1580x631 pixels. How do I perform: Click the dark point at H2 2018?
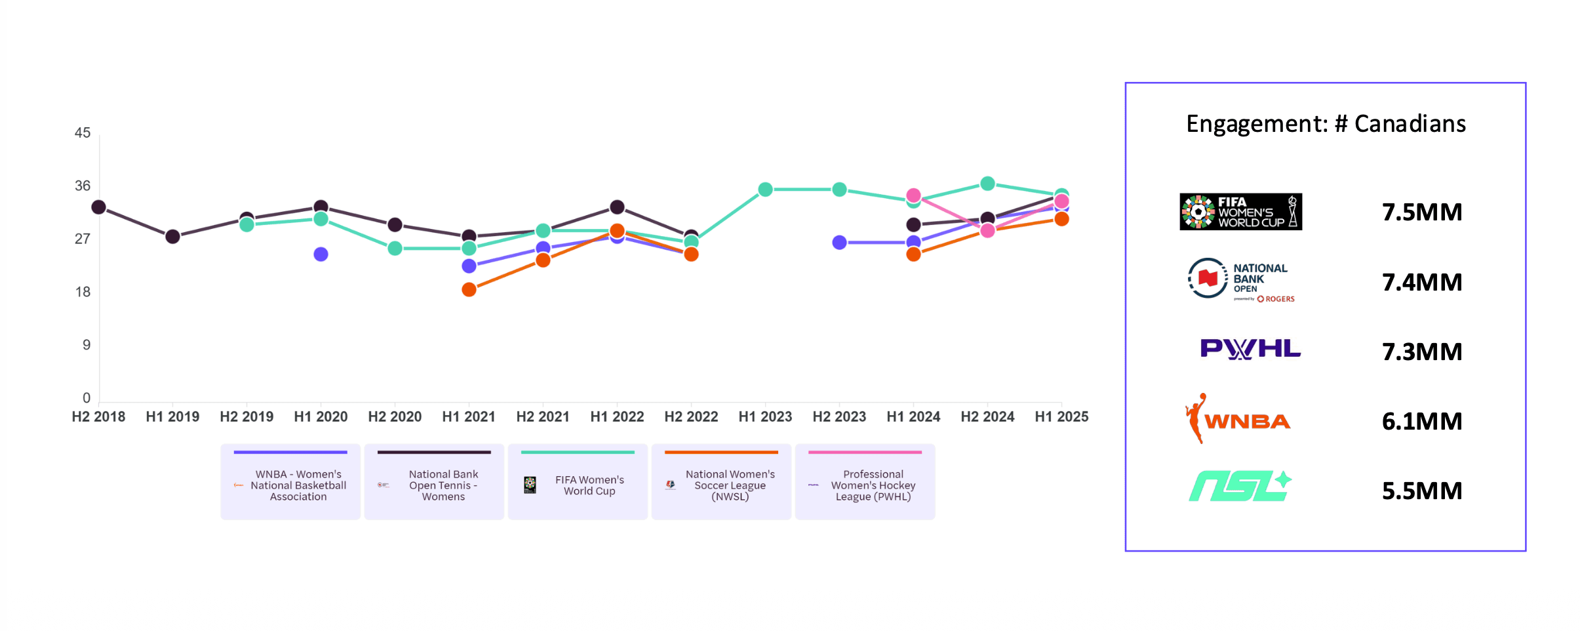[98, 207]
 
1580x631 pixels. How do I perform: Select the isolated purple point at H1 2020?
[321, 254]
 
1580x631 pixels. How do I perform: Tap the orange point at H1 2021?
[469, 290]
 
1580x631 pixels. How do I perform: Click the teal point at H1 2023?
[765, 190]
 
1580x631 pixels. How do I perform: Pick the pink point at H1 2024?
[913, 195]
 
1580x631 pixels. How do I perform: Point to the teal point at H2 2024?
[987, 184]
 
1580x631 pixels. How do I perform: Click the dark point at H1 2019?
[172, 237]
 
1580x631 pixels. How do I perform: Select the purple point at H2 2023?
[839, 243]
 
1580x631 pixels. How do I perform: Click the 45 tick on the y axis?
[83, 133]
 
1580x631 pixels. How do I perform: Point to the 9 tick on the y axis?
[86, 345]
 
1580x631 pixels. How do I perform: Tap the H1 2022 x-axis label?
[617, 417]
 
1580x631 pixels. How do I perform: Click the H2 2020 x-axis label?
[395, 417]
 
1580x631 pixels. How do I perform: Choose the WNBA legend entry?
[290, 482]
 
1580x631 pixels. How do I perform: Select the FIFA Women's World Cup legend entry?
[578, 482]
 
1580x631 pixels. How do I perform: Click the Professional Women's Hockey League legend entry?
[865, 482]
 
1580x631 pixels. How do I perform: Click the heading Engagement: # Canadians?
[1326, 124]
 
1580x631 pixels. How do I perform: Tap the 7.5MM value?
[1422, 213]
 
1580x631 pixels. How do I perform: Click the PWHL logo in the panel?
[1250, 349]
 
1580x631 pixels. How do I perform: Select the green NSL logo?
[1240, 487]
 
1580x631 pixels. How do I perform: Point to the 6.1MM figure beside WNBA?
[1422, 421]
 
